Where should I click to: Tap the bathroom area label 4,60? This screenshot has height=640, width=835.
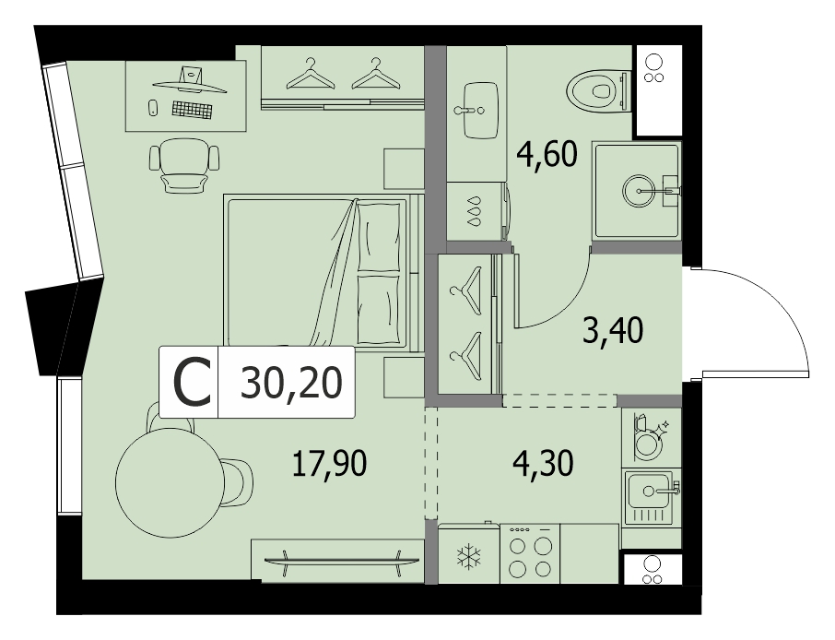click(547, 154)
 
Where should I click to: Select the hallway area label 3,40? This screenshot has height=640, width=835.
click(613, 330)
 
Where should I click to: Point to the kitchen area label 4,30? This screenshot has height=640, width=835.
click(543, 462)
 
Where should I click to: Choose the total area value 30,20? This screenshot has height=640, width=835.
click(290, 382)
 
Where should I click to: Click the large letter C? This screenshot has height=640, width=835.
click(193, 382)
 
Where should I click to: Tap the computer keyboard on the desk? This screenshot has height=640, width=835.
click(192, 109)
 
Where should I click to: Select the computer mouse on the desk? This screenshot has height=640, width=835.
click(152, 108)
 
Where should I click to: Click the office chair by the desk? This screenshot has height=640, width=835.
click(184, 165)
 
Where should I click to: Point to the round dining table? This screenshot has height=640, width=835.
click(169, 482)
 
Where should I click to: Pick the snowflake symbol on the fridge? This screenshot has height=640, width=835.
click(468, 556)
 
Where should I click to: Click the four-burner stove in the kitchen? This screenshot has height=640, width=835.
click(530, 553)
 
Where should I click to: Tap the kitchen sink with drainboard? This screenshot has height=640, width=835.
click(652, 498)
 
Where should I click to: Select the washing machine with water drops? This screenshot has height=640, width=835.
click(477, 211)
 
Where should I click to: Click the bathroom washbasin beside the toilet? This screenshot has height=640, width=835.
click(481, 111)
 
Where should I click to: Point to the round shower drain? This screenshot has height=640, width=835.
click(639, 190)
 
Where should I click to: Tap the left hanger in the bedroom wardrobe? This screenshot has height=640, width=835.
click(311, 74)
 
